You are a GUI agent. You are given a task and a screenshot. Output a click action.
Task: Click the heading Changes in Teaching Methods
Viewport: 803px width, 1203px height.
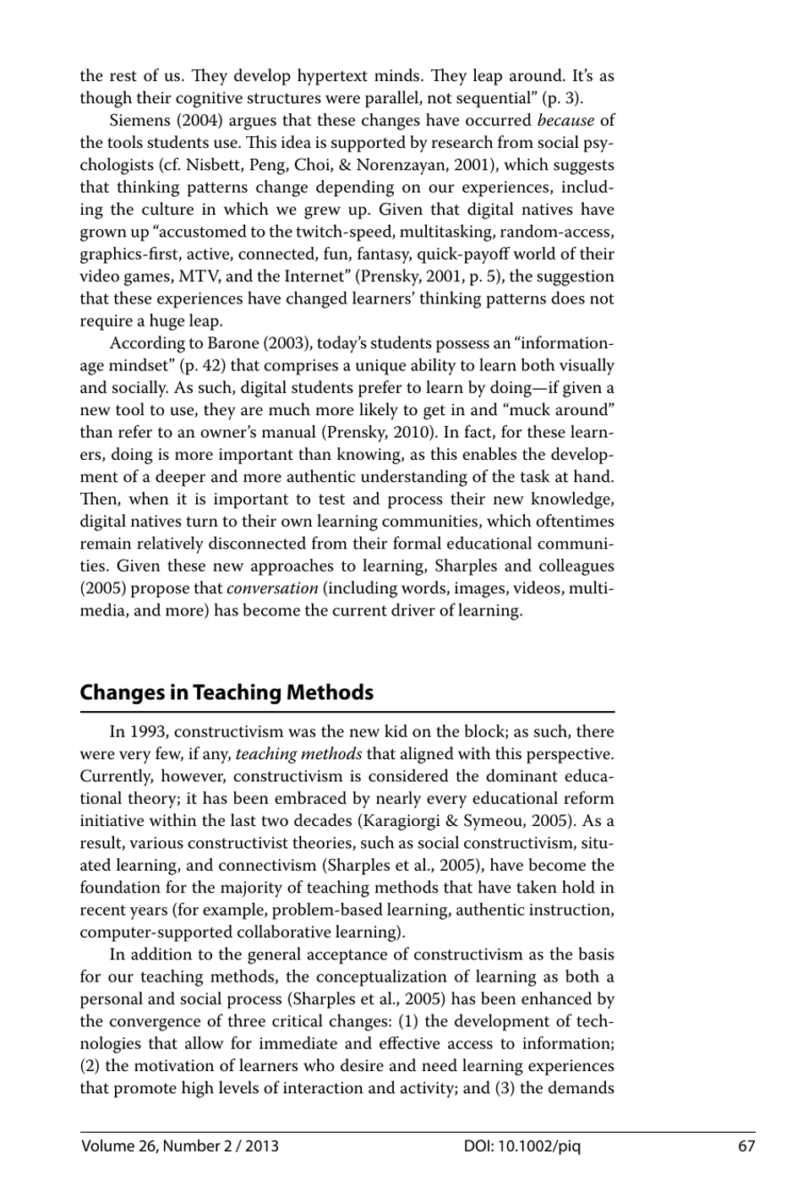click(x=227, y=692)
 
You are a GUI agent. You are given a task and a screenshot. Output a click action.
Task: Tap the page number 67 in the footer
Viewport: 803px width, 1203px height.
click(x=746, y=1146)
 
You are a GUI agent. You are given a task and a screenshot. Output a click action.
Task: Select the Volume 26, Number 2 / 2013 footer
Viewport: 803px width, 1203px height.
click(x=180, y=1146)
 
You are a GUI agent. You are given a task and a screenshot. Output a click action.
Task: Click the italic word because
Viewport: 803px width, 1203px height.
click(x=565, y=120)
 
